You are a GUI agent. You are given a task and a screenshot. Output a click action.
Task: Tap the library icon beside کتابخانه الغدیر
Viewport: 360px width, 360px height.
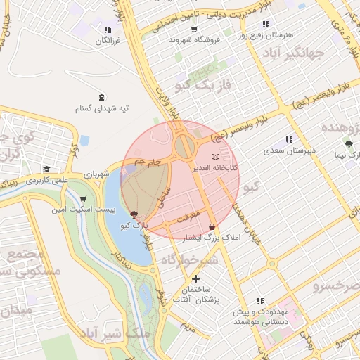[215, 156]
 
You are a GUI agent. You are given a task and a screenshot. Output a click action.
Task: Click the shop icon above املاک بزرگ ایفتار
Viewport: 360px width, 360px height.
[212, 226]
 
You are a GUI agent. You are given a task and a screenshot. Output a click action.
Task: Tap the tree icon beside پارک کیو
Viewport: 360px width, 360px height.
[134, 213]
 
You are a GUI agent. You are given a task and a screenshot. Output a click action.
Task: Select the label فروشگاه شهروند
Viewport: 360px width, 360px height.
[195, 40]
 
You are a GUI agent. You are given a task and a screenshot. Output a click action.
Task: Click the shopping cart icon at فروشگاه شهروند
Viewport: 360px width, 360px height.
[194, 30]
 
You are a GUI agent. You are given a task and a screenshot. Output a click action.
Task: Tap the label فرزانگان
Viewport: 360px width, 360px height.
[108, 41]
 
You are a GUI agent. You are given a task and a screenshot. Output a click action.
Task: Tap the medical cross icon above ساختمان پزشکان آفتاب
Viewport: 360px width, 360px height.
[196, 278]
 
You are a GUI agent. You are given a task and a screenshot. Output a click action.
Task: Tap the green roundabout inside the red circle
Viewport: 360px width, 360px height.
[186, 147]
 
